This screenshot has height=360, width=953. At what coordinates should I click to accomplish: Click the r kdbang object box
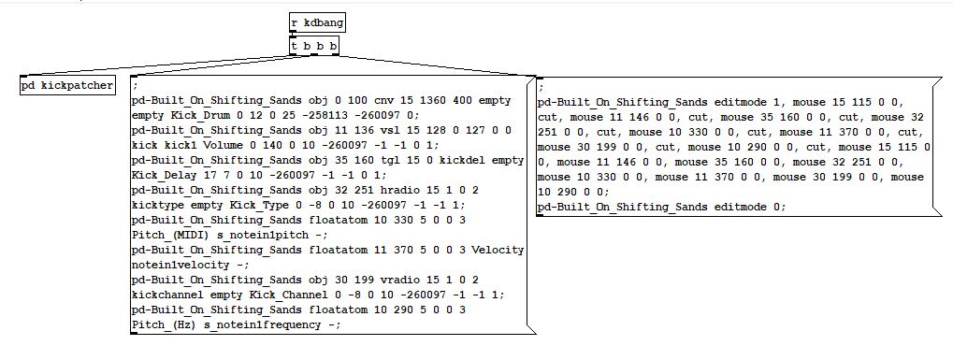(x=317, y=23)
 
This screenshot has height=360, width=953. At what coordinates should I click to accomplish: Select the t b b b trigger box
(x=314, y=45)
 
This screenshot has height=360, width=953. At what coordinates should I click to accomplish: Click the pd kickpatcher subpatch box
(x=67, y=85)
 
